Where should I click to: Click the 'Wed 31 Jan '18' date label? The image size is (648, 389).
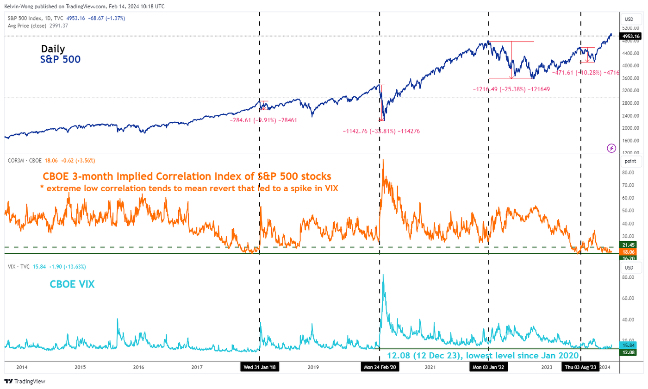tap(260, 367)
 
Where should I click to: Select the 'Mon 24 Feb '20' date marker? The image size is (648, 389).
tap(380, 367)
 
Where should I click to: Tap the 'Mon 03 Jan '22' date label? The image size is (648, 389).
tap(489, 367)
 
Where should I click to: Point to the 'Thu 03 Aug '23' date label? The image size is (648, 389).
tap(581, 367)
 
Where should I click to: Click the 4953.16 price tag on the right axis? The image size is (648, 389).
tap(631, 36)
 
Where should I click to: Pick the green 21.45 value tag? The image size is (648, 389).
tap(629, 245)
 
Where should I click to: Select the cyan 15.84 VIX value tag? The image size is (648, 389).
tap(629, 345)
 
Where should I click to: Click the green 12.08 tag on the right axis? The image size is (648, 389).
tap(629, 352)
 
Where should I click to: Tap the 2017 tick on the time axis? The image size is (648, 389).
tap(197, 367)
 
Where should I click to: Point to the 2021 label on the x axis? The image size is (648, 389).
tap(430, 367)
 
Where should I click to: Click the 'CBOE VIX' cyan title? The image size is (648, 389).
tap(72, 284)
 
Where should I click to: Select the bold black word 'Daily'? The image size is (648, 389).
tap(53, 49)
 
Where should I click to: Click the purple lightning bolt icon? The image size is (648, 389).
tap(611, 148)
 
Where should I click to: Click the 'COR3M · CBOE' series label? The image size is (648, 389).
tap(23, 161)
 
